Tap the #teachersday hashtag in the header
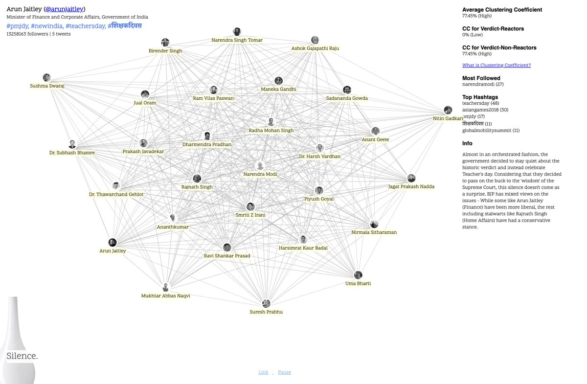tap(85, 25)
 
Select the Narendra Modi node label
tap(260, 174)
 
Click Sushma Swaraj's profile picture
tap(46, 77)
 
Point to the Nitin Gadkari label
tap(447, 118)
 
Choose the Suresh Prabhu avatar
tap(266, 303)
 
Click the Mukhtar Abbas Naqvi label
tap(165, 295)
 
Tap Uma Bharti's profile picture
tap(358, 275)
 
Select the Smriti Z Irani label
tap(250, 215)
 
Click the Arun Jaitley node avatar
tap(113, 242)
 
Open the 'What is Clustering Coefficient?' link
tap(496, 65)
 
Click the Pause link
tap(284, 372)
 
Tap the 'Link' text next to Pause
tap(263, 372)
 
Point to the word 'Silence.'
tap(22, 356)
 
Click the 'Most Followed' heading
tap(481, 78)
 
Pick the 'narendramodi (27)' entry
tap(482, 84)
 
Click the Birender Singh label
tap(165, 51)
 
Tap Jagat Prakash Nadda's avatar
tap(412, 178)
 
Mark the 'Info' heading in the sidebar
tap(467, 143)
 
